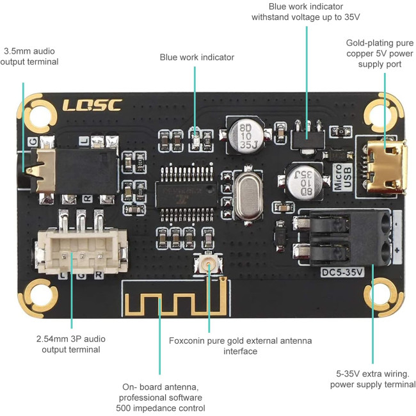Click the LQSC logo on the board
92,104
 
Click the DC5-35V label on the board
342,271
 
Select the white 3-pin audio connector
81,252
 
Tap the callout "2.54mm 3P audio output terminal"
71,344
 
